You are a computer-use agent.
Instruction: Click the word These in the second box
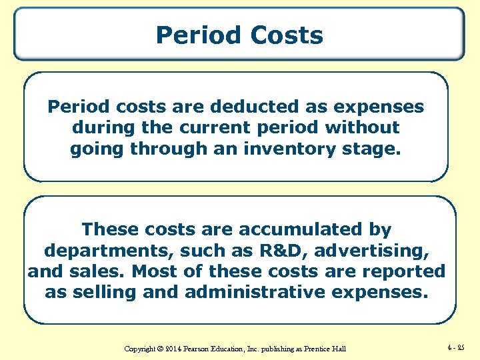(x=109, y=229)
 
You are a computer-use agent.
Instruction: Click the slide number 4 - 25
(x=457, y=347)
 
